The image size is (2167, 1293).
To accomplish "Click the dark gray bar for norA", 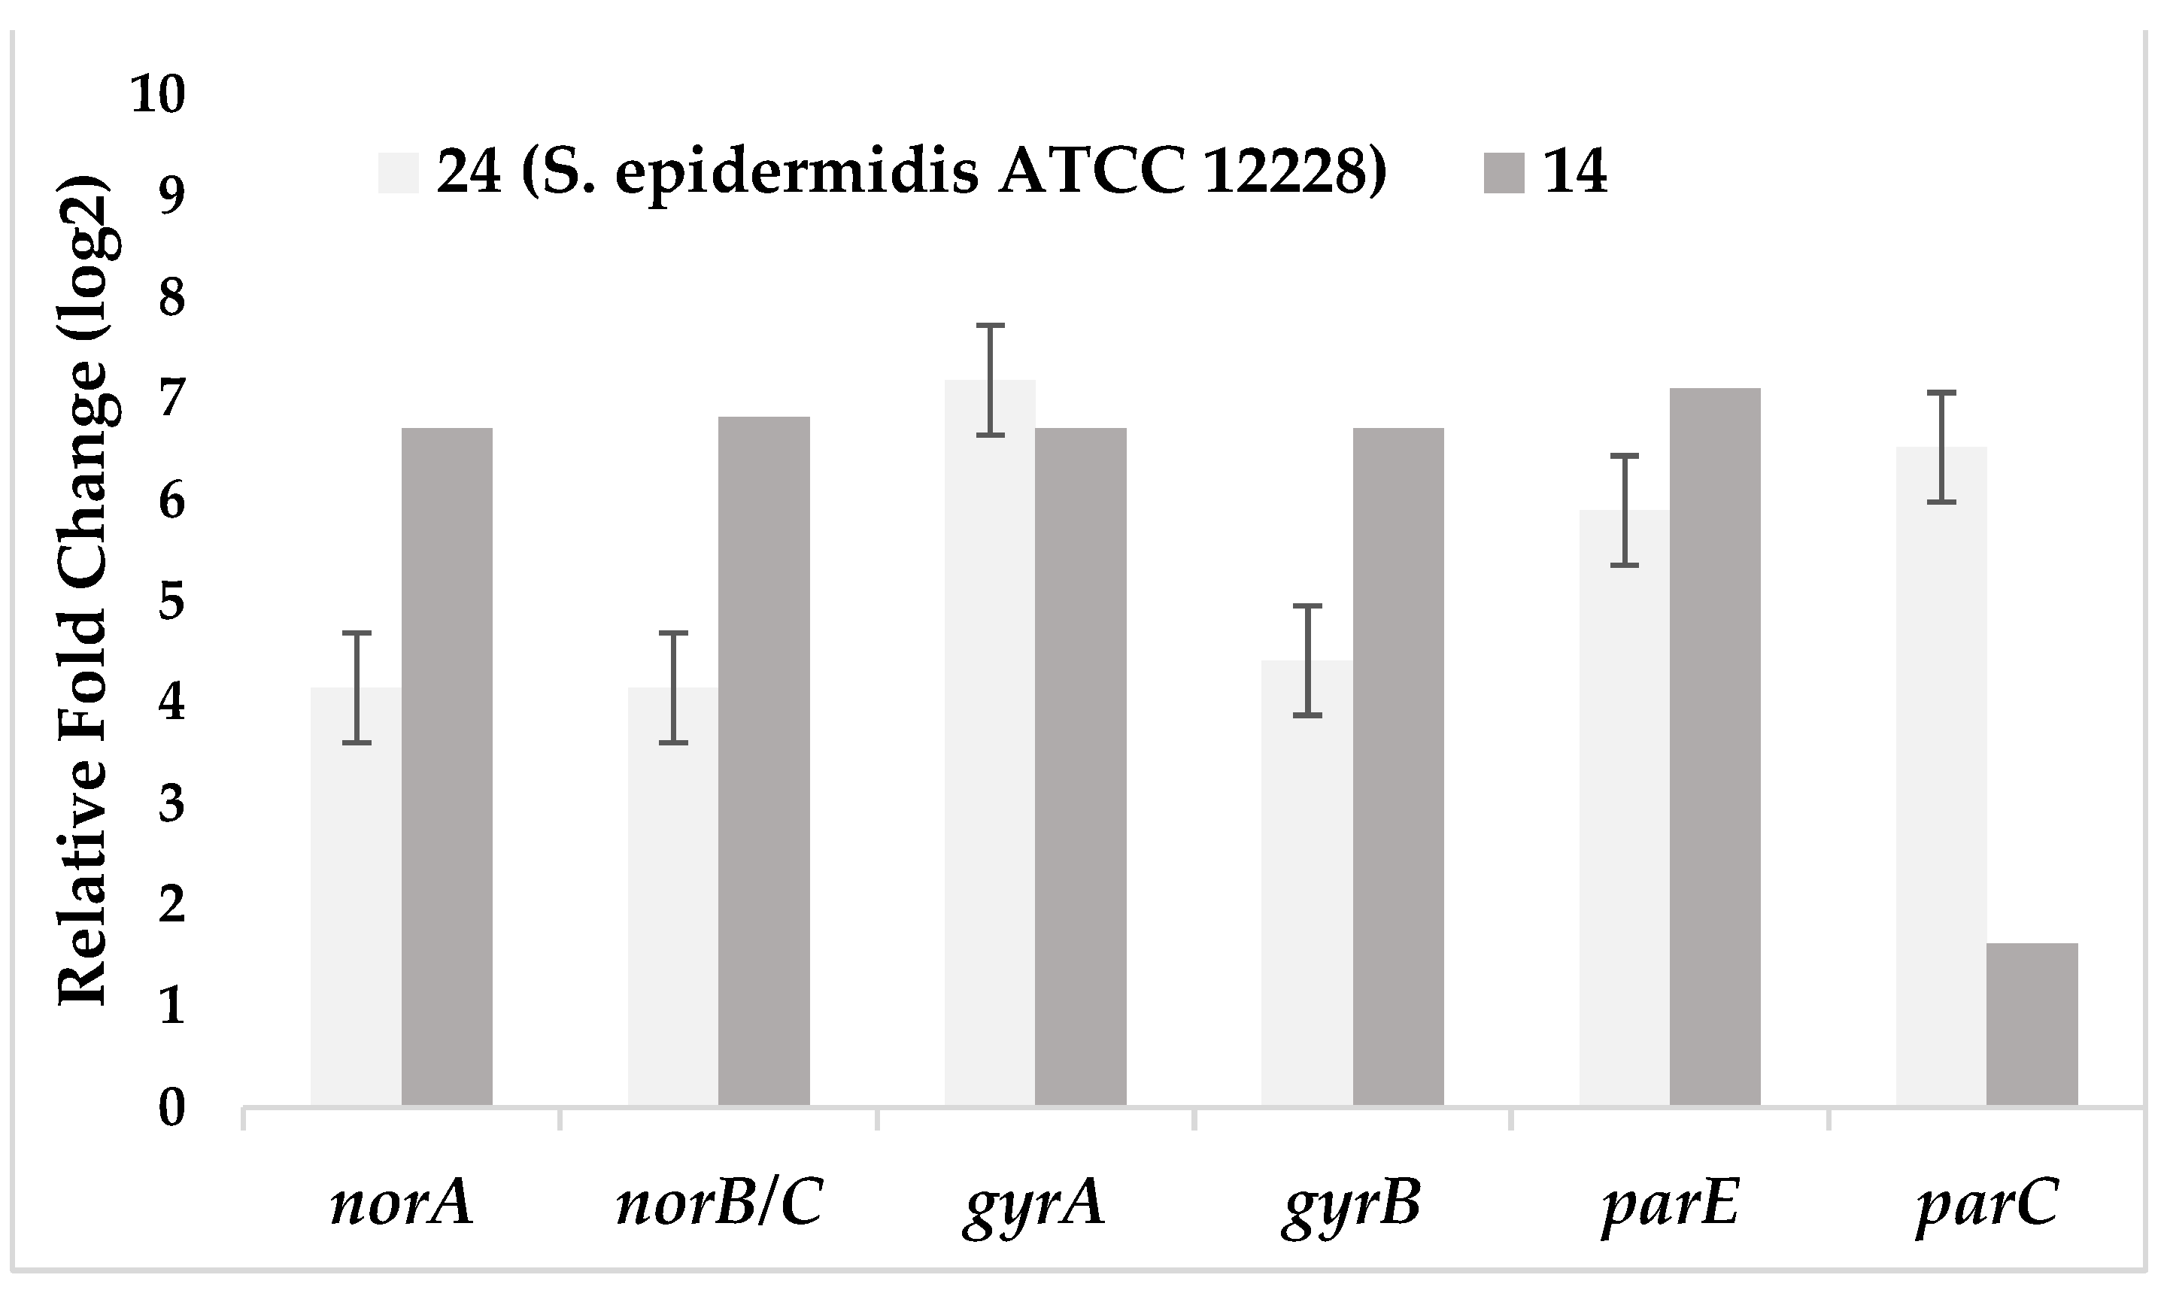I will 447,766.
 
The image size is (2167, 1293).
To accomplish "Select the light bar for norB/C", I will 672,897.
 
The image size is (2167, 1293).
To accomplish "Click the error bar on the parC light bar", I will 1941,447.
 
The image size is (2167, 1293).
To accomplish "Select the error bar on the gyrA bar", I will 990,380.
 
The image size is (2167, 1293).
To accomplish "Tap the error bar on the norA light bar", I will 357,687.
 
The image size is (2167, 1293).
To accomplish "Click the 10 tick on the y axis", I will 158,94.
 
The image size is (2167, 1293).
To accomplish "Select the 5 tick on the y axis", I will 171,602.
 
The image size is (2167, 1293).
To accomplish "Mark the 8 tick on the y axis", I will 171,298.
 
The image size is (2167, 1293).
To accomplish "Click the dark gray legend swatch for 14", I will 1503,172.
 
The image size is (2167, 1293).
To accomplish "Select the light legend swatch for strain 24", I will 398,172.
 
